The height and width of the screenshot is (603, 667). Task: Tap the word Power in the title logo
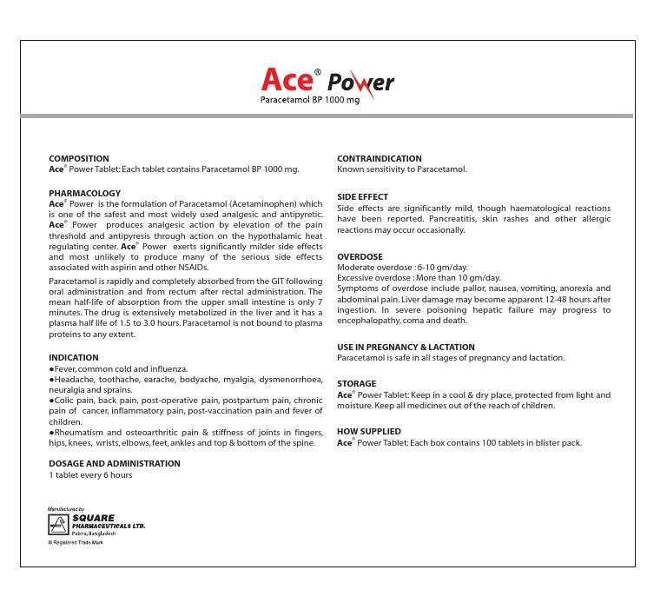(x=360, y=83)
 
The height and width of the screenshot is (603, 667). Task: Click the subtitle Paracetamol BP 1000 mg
(x=310, y=101)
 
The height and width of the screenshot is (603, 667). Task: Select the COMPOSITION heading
(x=79, y=159)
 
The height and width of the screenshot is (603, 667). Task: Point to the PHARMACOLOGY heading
(x=84, y=193)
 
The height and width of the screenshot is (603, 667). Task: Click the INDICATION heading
(x=74, y=357)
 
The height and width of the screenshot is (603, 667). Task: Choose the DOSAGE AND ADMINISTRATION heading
(x=115, y=463)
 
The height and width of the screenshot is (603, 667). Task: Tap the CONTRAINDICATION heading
(x=379, y=159)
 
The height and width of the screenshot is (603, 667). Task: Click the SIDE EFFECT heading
(x=362, y=197)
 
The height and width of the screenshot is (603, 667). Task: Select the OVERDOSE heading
(x=360, y=257)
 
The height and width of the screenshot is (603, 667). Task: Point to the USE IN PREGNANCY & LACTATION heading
(x=406, y=347)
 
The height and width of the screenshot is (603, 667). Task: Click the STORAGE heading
(x=356, y=383)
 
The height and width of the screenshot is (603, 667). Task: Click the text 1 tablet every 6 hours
(x=90, y=475)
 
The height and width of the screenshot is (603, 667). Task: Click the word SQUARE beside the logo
(x=95, y=518)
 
